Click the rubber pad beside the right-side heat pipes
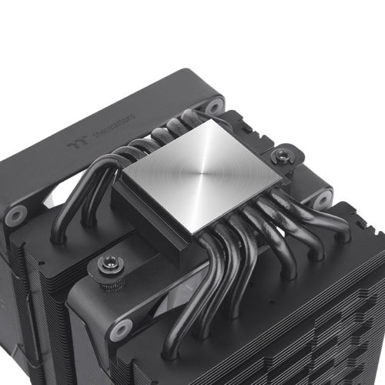[x=322, y=199]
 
